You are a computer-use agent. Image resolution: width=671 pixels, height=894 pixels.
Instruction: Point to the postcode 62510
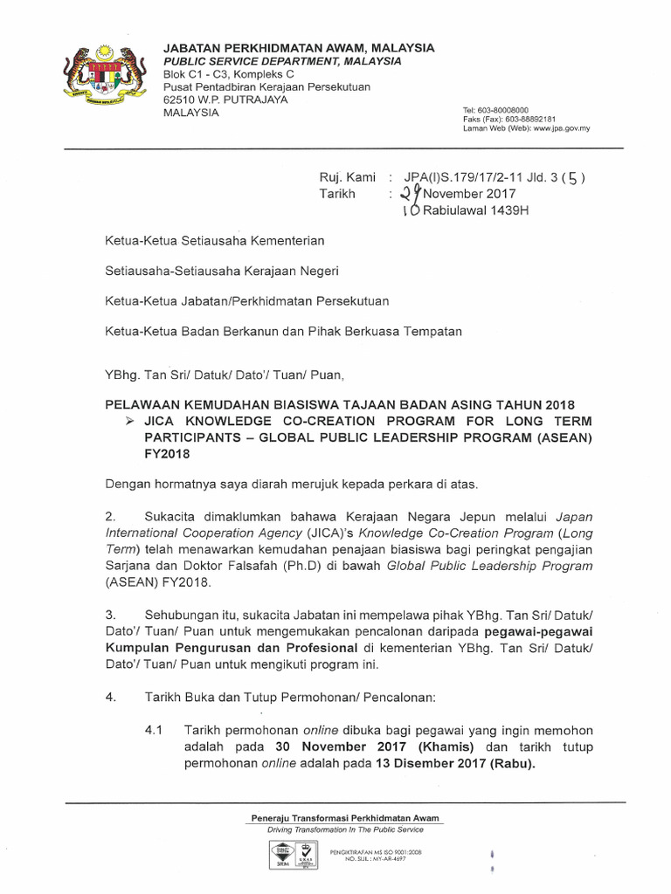[x=182, y=100]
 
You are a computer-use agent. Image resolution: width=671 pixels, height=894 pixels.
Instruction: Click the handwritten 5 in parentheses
[x=570, y=179]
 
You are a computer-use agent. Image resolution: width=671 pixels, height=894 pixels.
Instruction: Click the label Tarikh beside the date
[x=338, y=194]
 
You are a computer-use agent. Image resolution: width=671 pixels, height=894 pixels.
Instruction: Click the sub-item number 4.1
[x=156, y=729]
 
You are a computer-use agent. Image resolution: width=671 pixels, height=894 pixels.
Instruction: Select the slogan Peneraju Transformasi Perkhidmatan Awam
[x=345, y=818]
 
